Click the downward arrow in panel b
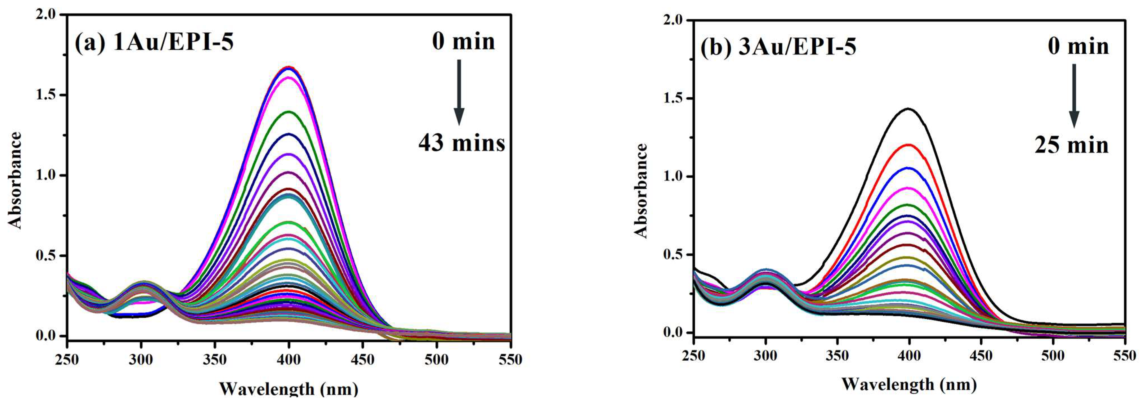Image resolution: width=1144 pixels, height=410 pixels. [1074, 95]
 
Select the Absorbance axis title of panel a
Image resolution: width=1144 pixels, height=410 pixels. [15, 180]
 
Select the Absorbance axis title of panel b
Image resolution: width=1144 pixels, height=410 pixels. [642, 191]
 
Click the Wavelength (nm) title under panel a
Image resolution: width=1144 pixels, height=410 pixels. [289, 389]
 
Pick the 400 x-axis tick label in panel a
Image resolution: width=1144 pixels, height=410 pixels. [289, 360]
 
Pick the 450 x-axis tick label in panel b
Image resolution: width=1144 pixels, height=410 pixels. [981, 355]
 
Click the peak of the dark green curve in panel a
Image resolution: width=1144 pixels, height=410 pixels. [289, 112]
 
